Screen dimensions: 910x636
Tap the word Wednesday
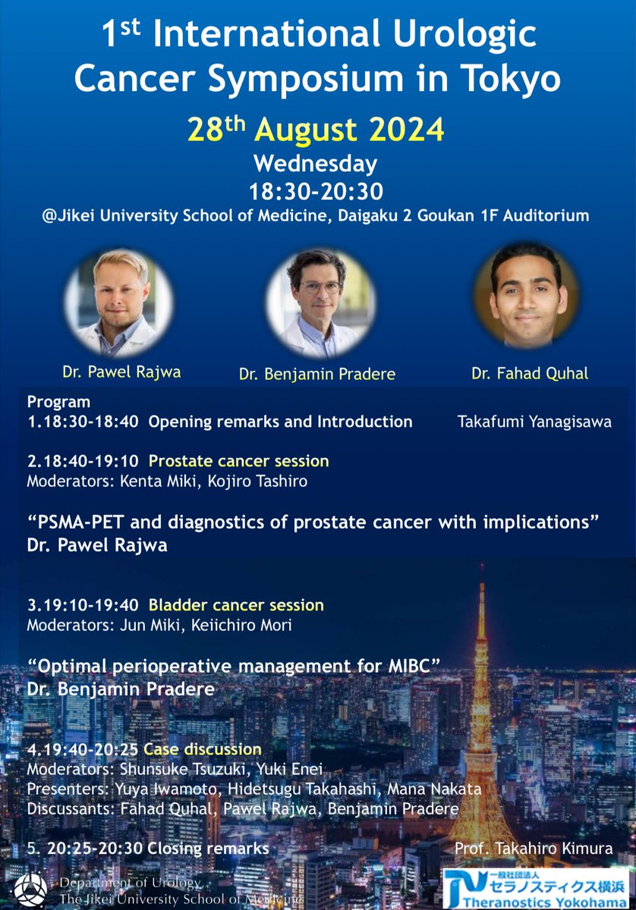pos(315,163)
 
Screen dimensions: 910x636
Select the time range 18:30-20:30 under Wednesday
pos(315,190)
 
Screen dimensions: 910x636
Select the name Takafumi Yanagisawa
pos(524,422)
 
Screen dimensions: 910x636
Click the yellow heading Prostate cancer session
pos(238,460)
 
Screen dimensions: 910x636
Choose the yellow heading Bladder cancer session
pos(236,605)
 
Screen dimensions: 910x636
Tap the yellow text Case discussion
pos(202,749)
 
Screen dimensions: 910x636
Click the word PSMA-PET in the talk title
pos(81,522)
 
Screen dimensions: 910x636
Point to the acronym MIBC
pos(414,666)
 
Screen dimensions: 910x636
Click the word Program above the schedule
pos(58,402)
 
